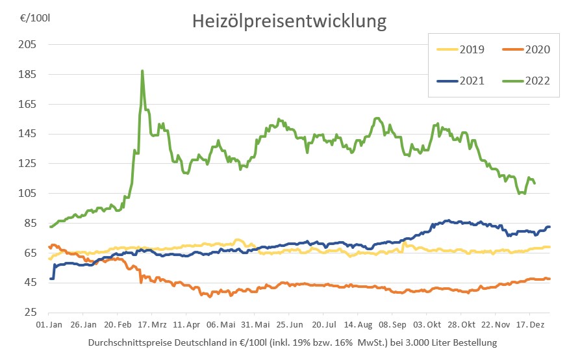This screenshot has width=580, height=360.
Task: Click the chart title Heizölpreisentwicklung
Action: pos(289,21)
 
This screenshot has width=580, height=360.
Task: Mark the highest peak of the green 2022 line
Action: pos(142,71)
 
